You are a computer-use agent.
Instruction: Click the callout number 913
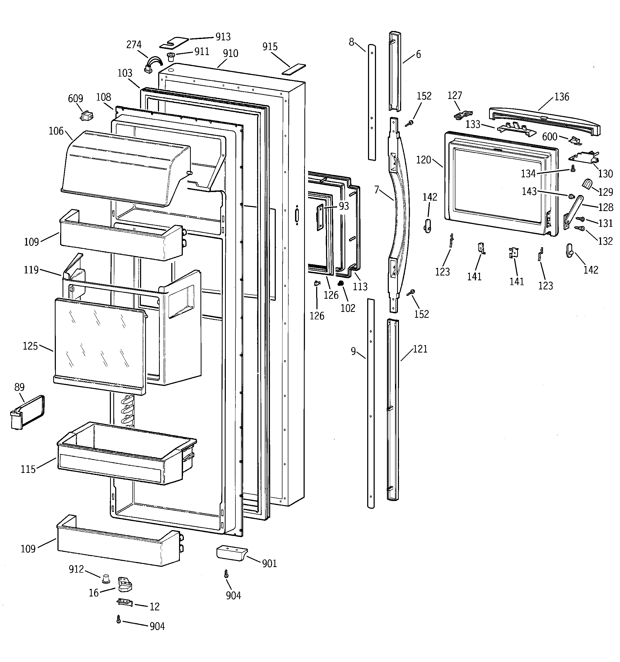coord(223,37)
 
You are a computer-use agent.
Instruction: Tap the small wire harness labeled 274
coord(152,65)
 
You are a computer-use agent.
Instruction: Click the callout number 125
coord(30,346)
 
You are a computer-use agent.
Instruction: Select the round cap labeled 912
coord(106,579)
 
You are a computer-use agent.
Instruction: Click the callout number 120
coord(423,160)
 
